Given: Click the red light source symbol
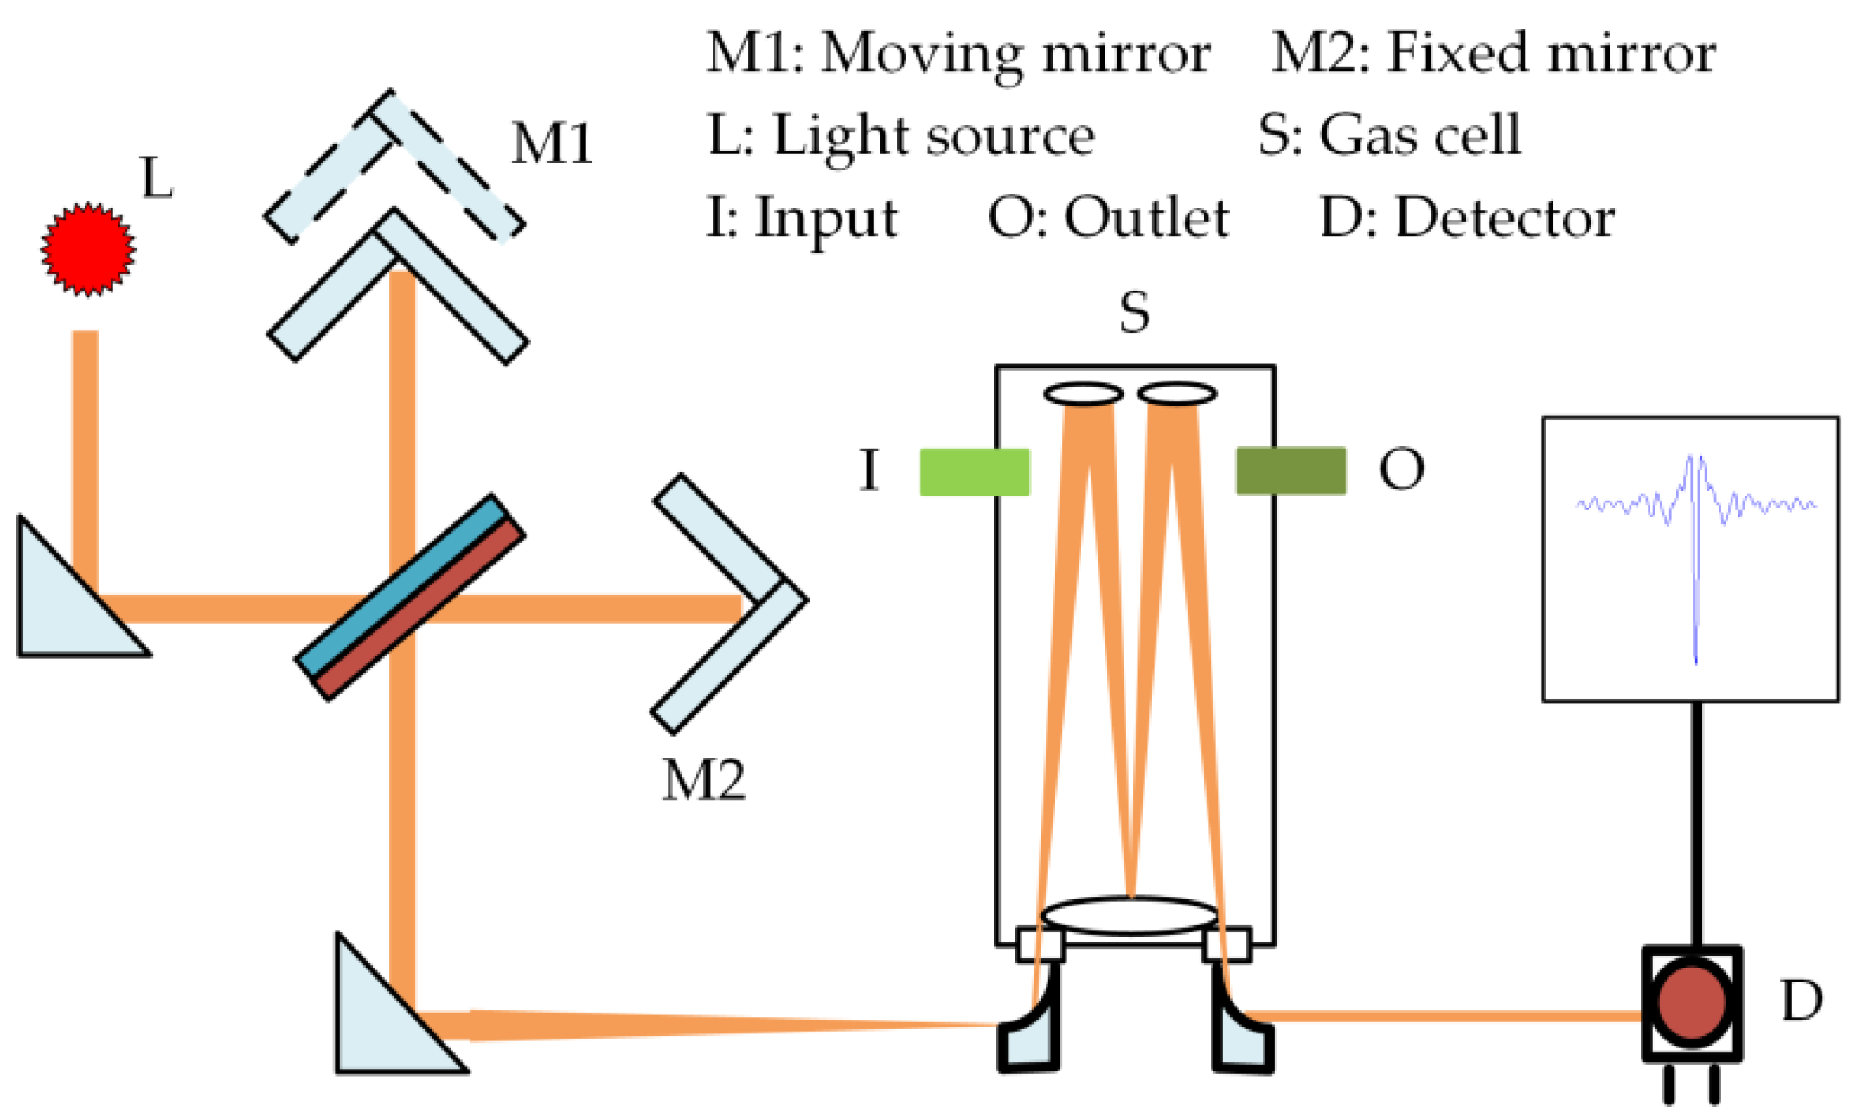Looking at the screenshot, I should coord(88,249).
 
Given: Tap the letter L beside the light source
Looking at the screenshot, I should coord(157,179).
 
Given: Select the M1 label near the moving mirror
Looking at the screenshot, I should coord(552,144).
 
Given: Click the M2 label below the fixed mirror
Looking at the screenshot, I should coord(703,780).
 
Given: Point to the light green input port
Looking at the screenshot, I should coord(975,471).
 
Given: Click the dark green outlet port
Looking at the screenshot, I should coord(1290,471).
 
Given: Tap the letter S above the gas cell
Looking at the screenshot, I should coord(1135,312).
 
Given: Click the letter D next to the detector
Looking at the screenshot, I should coord(1802,1001).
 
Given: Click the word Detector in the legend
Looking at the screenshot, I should coord(1505,218).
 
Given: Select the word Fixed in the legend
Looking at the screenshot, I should coord(1458,54).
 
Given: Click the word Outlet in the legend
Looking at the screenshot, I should coord(1147,218).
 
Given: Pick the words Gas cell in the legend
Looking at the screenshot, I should coord(1419,135).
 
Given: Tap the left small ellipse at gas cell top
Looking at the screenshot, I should coord(1083,394).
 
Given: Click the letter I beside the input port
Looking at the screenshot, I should coord(869,471).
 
